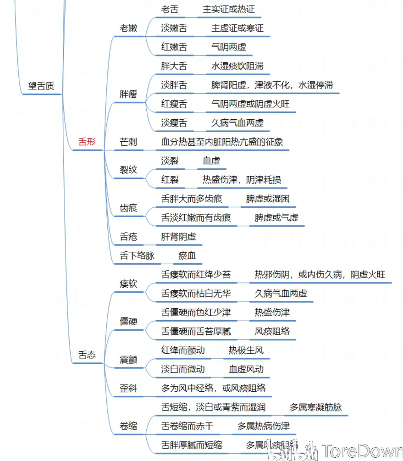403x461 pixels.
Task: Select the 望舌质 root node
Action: tap(42, 85)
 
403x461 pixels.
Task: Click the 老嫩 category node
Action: tap(128, 28)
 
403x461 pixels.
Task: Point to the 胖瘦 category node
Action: tap(128, 94)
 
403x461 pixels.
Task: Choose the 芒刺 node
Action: tap(128, 142)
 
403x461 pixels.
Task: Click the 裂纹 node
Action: tap(128, 170)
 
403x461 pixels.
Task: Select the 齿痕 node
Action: tap(128, 208)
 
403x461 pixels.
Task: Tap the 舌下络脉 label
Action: tap(137, 256)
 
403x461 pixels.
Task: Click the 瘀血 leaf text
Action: tap(187, 256)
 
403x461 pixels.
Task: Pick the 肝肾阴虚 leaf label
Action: tap(178, 237)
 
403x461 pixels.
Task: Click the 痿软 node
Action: tap(128, 284)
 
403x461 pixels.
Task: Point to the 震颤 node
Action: tap(128, 360)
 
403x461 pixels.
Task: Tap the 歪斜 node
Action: tap(128, 389)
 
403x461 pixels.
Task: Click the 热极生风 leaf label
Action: tap(246, 350)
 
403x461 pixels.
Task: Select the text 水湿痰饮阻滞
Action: tap(237, 66)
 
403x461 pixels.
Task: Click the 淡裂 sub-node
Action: tap(170, 161)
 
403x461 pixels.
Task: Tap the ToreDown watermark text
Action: tap(362, 450)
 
